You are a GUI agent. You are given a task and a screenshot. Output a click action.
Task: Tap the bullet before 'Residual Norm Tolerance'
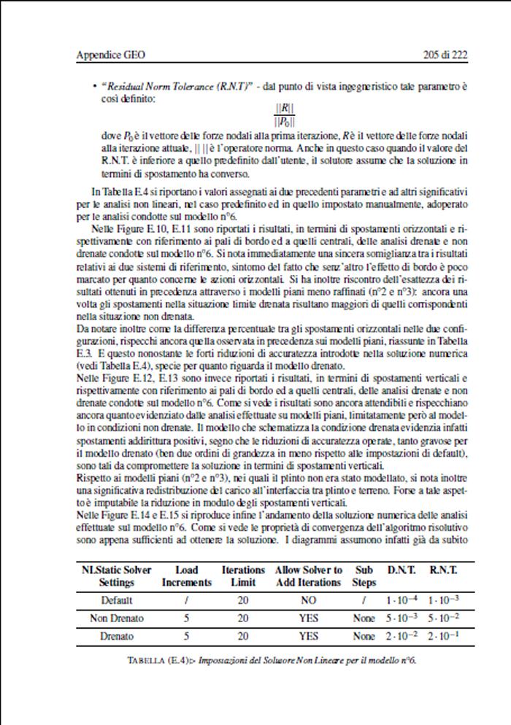point(95,86)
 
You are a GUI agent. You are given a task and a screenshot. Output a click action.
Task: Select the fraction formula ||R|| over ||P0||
point(285,115)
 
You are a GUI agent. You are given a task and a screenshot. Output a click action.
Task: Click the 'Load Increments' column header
point(187,575)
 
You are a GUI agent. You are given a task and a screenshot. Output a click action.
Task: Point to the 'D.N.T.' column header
point(401,569)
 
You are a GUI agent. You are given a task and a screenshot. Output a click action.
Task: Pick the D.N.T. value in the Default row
point(401,601)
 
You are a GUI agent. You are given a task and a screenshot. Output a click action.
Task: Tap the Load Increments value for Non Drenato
point(187,619)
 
